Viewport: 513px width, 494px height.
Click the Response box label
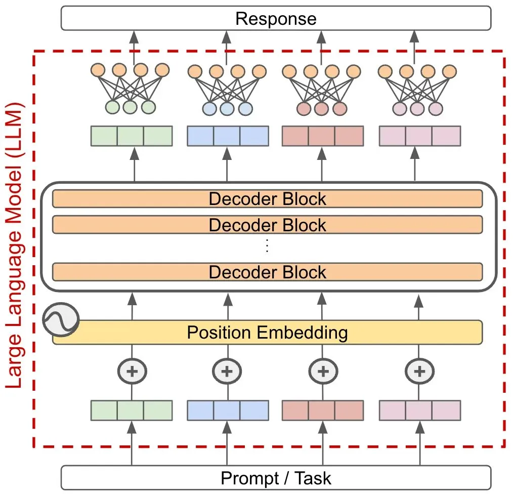276,19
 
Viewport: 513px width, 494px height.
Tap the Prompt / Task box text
276,477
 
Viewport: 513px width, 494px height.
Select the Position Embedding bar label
267,333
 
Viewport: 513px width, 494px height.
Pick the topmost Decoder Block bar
267,198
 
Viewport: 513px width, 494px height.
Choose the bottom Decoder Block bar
267,272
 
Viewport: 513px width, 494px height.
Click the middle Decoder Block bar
267,224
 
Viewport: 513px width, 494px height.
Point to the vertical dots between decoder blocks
267,247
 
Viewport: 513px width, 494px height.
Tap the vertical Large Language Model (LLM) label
16,245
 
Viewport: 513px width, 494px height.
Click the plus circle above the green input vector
132,371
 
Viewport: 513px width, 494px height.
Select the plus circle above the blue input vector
227,371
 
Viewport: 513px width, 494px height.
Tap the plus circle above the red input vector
323,371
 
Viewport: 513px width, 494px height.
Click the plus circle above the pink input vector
419,371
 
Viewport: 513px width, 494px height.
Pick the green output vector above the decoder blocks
132,136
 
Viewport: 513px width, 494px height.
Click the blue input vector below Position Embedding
228,410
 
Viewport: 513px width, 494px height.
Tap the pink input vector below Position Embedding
420,410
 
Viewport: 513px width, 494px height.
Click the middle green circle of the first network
130,107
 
